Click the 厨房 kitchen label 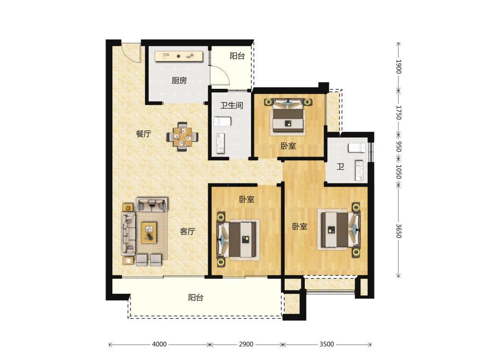(179, 81)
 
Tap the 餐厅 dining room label (144, 134)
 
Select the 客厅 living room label (187, 231)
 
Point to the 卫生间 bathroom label (232, 106)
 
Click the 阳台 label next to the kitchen (237, 56)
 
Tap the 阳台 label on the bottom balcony (196, 298)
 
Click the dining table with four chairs (183, 137)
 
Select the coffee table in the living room (149, 233)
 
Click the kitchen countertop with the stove (179, 56)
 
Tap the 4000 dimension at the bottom (159, 344)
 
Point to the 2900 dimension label (246, 344)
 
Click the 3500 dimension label (326, 344)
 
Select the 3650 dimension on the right (398, 231)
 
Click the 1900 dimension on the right (398, 66)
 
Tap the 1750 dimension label (398, 112)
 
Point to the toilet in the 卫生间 (222, 121)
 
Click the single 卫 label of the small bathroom (340, 167)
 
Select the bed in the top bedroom (288, 116)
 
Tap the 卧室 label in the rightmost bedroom (300, 227)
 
